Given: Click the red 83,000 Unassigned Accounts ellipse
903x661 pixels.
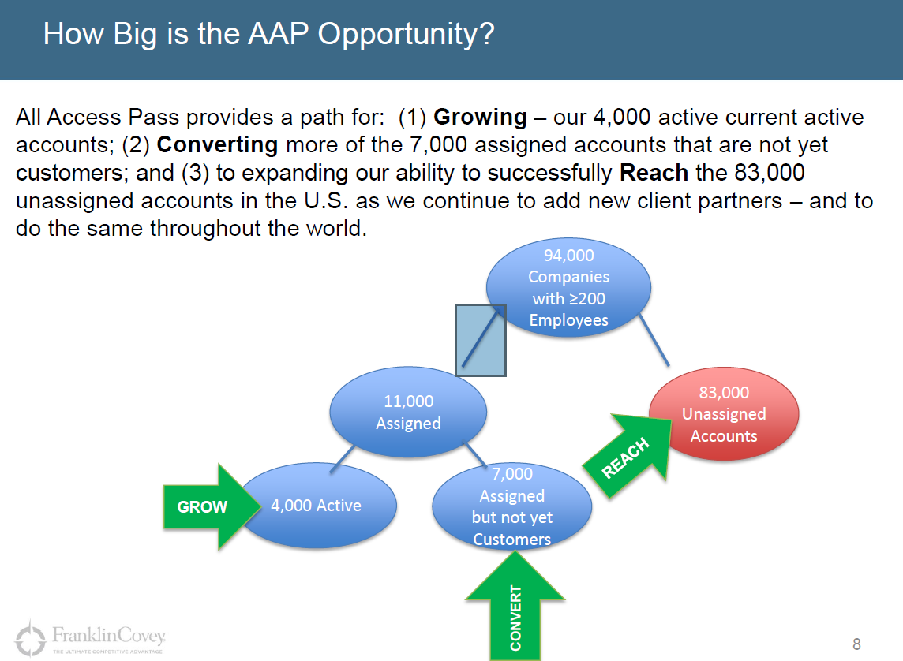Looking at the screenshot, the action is click(724, 414).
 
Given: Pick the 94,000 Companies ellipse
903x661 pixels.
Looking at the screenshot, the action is click(568, 287).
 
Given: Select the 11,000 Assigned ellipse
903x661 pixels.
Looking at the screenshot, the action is click(408, 412).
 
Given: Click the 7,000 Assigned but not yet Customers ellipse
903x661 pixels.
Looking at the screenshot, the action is click(512, 506).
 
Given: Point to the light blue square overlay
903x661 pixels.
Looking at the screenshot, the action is click(480, 341).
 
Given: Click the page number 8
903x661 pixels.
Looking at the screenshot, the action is click(856, 644).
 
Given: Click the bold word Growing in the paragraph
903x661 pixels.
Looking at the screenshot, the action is click(480, 118).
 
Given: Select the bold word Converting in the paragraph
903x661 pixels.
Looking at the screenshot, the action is click(217, 144).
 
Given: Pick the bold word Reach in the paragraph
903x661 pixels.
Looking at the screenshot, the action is click(654, 173).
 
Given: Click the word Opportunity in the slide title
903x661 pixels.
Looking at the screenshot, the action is click(406, 35).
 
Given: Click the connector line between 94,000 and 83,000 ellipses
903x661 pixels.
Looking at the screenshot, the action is click(654, 339).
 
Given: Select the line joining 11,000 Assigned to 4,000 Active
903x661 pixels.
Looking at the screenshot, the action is click(342, 459).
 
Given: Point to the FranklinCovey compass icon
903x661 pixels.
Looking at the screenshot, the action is click(30, 637).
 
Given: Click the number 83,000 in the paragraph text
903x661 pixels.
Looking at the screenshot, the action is click(770, 173).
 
